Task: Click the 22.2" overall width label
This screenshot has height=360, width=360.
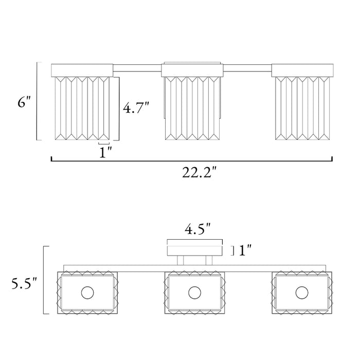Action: [x=200, y=172]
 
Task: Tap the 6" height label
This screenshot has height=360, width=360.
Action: [x=24, y=102]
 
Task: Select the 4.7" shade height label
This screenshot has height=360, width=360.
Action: [x=136, y=107]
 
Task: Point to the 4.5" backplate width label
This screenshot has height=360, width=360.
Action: [x=197, y=229]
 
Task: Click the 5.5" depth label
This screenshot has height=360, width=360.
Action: [x=24, y=283]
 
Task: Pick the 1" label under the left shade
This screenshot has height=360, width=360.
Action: [x=105, y=152]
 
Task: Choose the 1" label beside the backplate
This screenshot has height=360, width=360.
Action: [x=245, y=250]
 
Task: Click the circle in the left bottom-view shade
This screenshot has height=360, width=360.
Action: [x=87, y=293]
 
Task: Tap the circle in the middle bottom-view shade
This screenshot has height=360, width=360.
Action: [x=195, y=293]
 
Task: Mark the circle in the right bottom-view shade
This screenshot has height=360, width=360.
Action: [x=302, y=293]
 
